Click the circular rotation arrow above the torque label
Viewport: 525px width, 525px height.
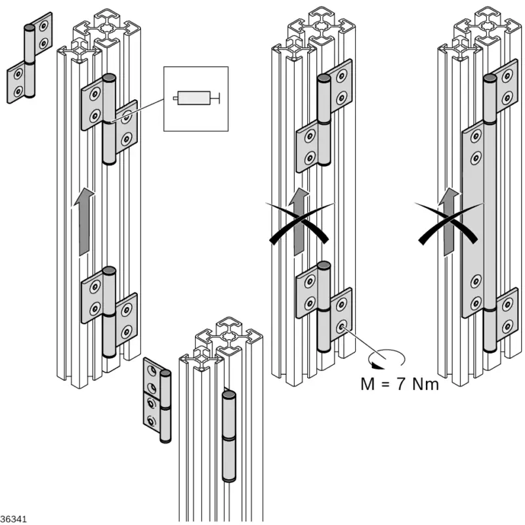(387, 358)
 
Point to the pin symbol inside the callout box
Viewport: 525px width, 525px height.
(195, 98)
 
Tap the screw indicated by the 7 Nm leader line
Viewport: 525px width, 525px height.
(342, 325)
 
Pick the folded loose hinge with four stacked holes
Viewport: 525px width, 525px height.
(152, 400)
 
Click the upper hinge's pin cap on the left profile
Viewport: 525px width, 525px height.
(109, 78)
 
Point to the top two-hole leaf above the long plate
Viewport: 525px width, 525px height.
(506, 90)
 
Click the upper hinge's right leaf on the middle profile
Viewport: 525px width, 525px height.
(341, 90)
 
